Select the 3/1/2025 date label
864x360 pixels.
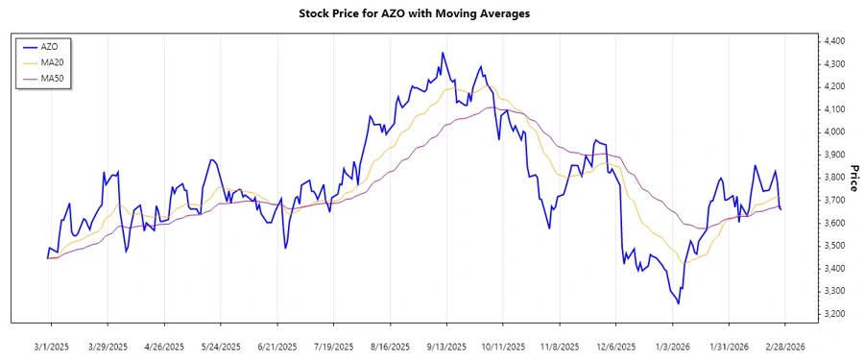pos(51,346)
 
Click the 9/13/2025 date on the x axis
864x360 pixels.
pos(446,346)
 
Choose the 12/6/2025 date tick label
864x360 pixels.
pos(615,346)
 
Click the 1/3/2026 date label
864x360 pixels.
pos(672,346)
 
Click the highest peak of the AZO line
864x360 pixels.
pos(443,53)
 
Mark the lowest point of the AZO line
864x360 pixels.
pos(679,303)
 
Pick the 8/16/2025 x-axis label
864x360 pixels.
pos(390,346)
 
